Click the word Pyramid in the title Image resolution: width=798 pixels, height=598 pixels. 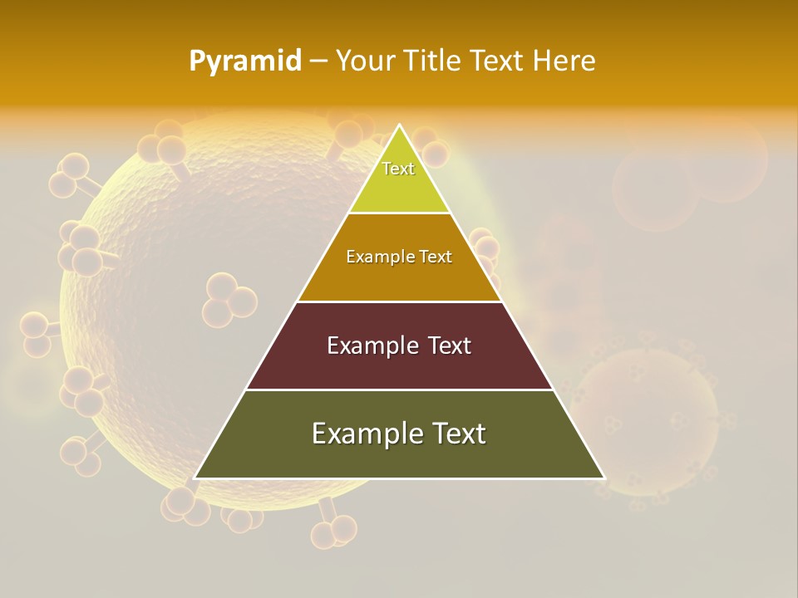click(x=245, y=61)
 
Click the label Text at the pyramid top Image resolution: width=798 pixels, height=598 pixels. click(x=398, y=169)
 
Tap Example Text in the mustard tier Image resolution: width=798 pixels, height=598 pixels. click(x=399, y=257)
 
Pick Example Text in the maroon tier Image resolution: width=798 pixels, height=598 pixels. click(x=399, y=346)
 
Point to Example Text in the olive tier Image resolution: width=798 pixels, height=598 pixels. click(x=399, y=434)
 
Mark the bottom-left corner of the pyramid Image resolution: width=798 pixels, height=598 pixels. click(x=195, y=478)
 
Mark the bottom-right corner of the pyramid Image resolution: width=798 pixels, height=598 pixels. click(x=603, y=478)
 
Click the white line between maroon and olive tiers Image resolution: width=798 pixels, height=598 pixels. click(x=399, y=390)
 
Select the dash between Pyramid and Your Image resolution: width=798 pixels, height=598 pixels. click(x=318, y=61)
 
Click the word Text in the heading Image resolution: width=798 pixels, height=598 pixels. click(x=497, y=61)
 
